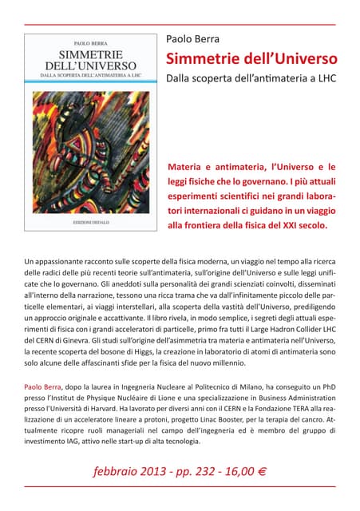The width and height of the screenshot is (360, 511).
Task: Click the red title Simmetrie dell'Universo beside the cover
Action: (251, 59)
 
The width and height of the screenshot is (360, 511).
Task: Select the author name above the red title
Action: (192, 38)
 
